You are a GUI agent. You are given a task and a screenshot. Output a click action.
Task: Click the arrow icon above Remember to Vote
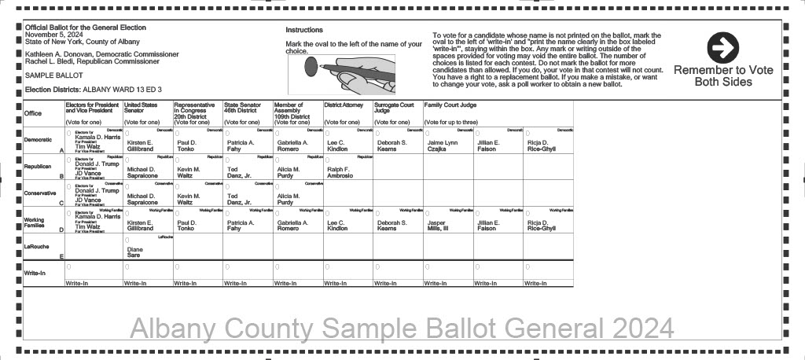(x=722, y=49)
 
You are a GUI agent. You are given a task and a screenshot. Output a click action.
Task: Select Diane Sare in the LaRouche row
(x=134, y=252)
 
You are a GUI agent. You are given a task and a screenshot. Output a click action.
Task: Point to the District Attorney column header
(x=343, y=105)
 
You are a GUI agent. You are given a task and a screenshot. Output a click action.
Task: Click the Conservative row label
(x=40, y=193)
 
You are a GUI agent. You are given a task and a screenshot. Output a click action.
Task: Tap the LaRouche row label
(x=39, y=246)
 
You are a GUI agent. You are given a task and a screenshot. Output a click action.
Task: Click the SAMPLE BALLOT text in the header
(x=49, y=75)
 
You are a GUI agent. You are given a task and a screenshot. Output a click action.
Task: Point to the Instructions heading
(x=303, y=30)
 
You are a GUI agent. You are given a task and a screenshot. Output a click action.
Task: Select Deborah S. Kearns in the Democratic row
(x=391, y=145)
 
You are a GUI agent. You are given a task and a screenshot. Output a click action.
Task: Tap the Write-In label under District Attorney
(x=336, y=283)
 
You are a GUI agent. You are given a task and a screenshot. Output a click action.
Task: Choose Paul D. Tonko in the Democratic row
(x=186, y=145)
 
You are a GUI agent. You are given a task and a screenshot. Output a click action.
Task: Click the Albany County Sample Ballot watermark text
(x=401, y=328)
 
